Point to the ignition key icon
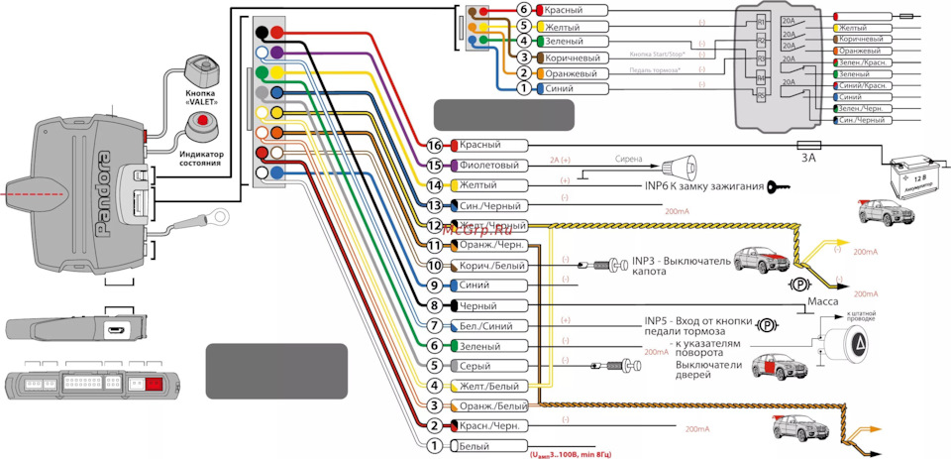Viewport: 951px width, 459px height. pyautogui.click(x=783, y=183)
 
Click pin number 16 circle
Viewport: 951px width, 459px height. pyautogui.click(x=433, y=145)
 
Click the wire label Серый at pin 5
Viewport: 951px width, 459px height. pyautogui.click(x=476, y=366)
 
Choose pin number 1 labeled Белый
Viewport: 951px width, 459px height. pyautogui.click(x=433, y=446)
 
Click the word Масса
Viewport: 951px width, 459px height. pyautogui.click(x=826, y=301)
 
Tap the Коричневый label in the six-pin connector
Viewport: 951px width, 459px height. pyautogui.click(x=577, y=58)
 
